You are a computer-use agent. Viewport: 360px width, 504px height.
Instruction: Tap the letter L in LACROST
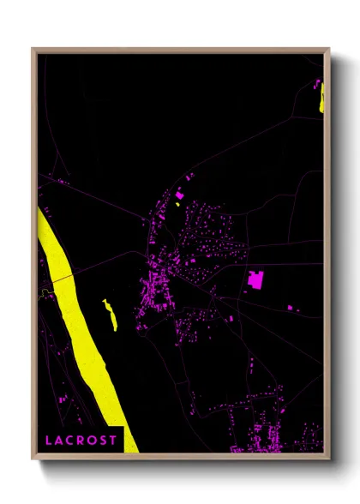(50, 440)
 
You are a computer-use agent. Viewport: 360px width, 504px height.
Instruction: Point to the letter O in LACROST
(91, 440)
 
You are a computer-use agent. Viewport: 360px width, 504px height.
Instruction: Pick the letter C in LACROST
(70, 440)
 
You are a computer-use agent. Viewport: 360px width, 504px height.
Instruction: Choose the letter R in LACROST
(81, 440)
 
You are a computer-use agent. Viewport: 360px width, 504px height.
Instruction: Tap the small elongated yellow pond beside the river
(111, 314)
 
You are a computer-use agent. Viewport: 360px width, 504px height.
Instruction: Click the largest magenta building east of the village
(255, 279)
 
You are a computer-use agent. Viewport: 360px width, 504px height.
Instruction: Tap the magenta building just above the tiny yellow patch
(179, 196)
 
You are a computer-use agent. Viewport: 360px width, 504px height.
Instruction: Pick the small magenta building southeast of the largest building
(290, 307)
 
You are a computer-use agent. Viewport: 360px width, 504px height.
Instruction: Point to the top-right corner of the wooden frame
(328, 50)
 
